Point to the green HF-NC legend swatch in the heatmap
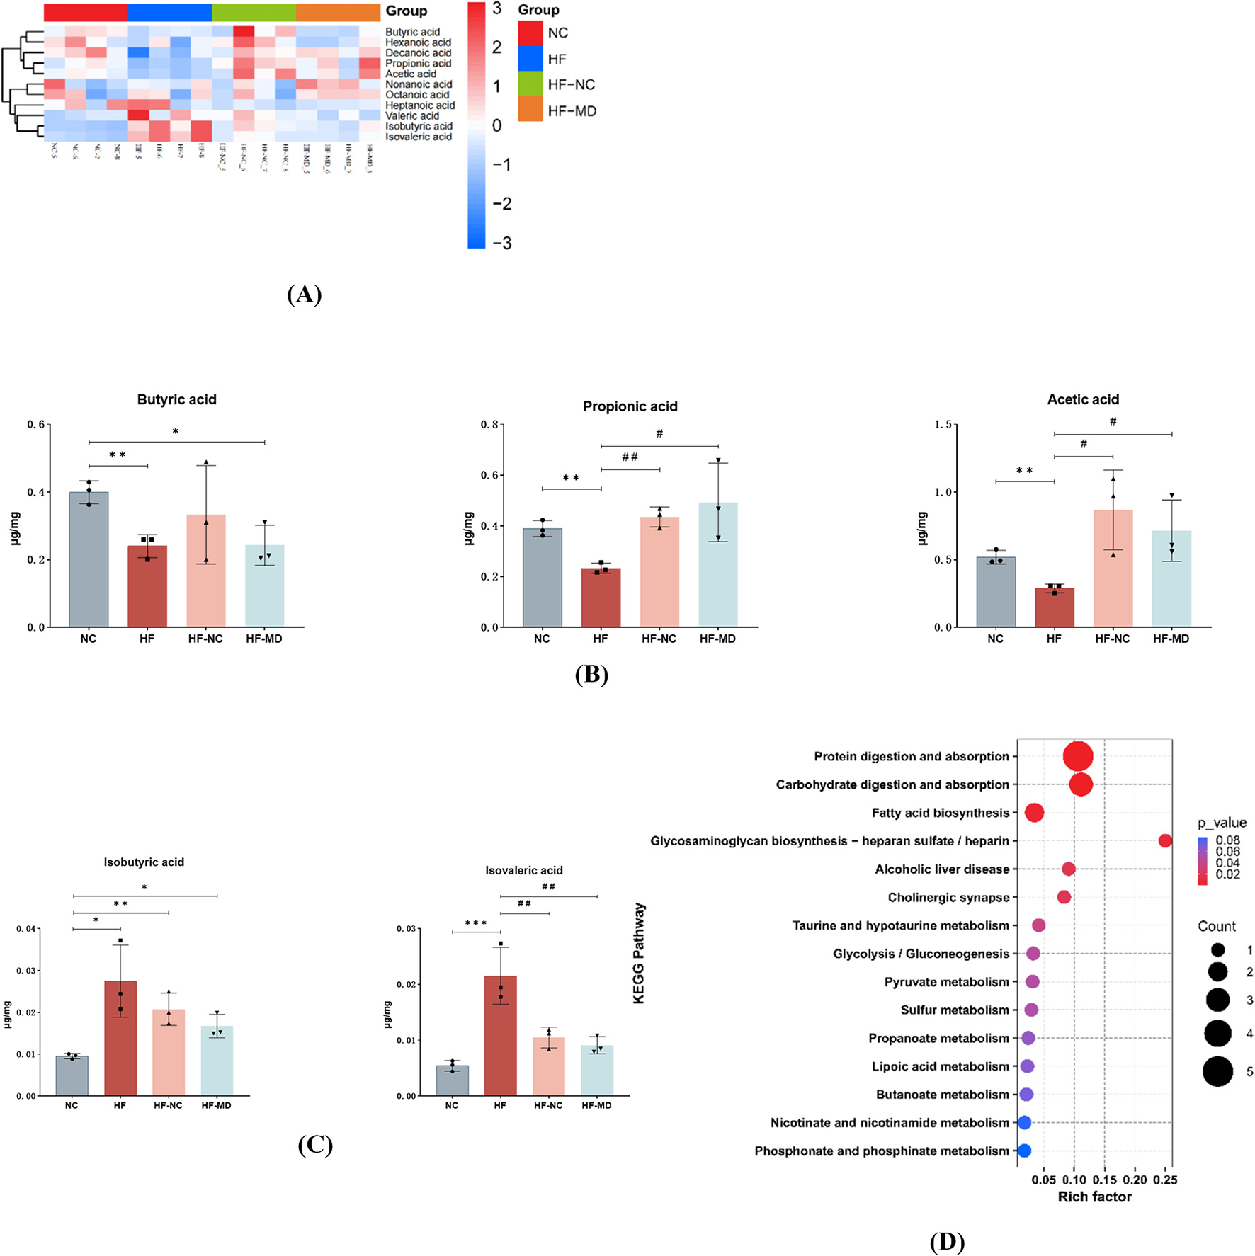click(x=530, y=84)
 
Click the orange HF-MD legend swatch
click(x=530, y=110)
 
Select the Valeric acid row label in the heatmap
click(x=412, y=116)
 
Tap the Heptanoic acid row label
click(x=420, y=105)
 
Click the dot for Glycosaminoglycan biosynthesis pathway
click(x=1165, y=840)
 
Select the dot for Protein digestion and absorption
click(x=1078, y=756)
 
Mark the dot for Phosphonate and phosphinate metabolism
click(x=1024, y=1151)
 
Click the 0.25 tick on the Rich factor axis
click(x=1165, y=1180)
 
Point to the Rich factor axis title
click(x=1094, y=1197)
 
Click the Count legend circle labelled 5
click(x=1217, y=1071)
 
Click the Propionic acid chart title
click(x=630, y=406)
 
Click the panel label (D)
click(x=947, y=1241)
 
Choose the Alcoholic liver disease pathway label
click(x=942, y=869)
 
